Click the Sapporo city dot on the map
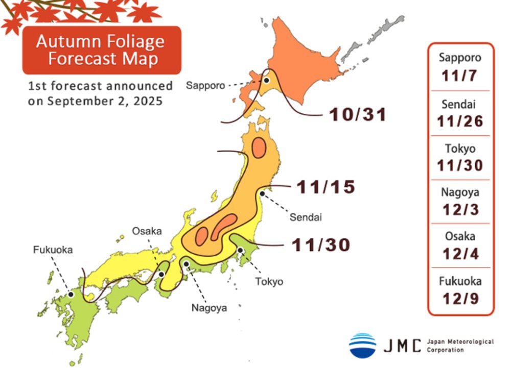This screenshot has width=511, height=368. [x=266, y=80]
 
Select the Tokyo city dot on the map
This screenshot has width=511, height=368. [x=240, y=250]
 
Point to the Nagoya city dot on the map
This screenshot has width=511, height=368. [x=187, y=264]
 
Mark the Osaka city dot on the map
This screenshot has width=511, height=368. [x=161, y=275]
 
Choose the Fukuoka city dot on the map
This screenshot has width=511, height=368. [x=71, y=295]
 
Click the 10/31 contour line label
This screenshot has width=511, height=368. [x=357, y=114]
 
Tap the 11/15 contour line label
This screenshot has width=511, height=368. [x=326, y=187]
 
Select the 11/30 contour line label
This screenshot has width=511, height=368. [x=321, y=246]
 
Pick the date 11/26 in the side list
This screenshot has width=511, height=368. [x=460, y=121]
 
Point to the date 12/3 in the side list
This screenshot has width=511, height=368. [x=460, y=209]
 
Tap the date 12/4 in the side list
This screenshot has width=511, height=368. [x=460, y=254]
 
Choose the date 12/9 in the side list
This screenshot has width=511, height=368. [x=460, y=299]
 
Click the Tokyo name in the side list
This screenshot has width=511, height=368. [x=460, y=149]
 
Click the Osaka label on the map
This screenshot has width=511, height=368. [x=147, y=231]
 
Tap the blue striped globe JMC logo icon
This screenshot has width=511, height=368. [x=362, y=345]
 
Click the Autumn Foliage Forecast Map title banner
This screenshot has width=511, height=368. [x=101, y=50]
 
